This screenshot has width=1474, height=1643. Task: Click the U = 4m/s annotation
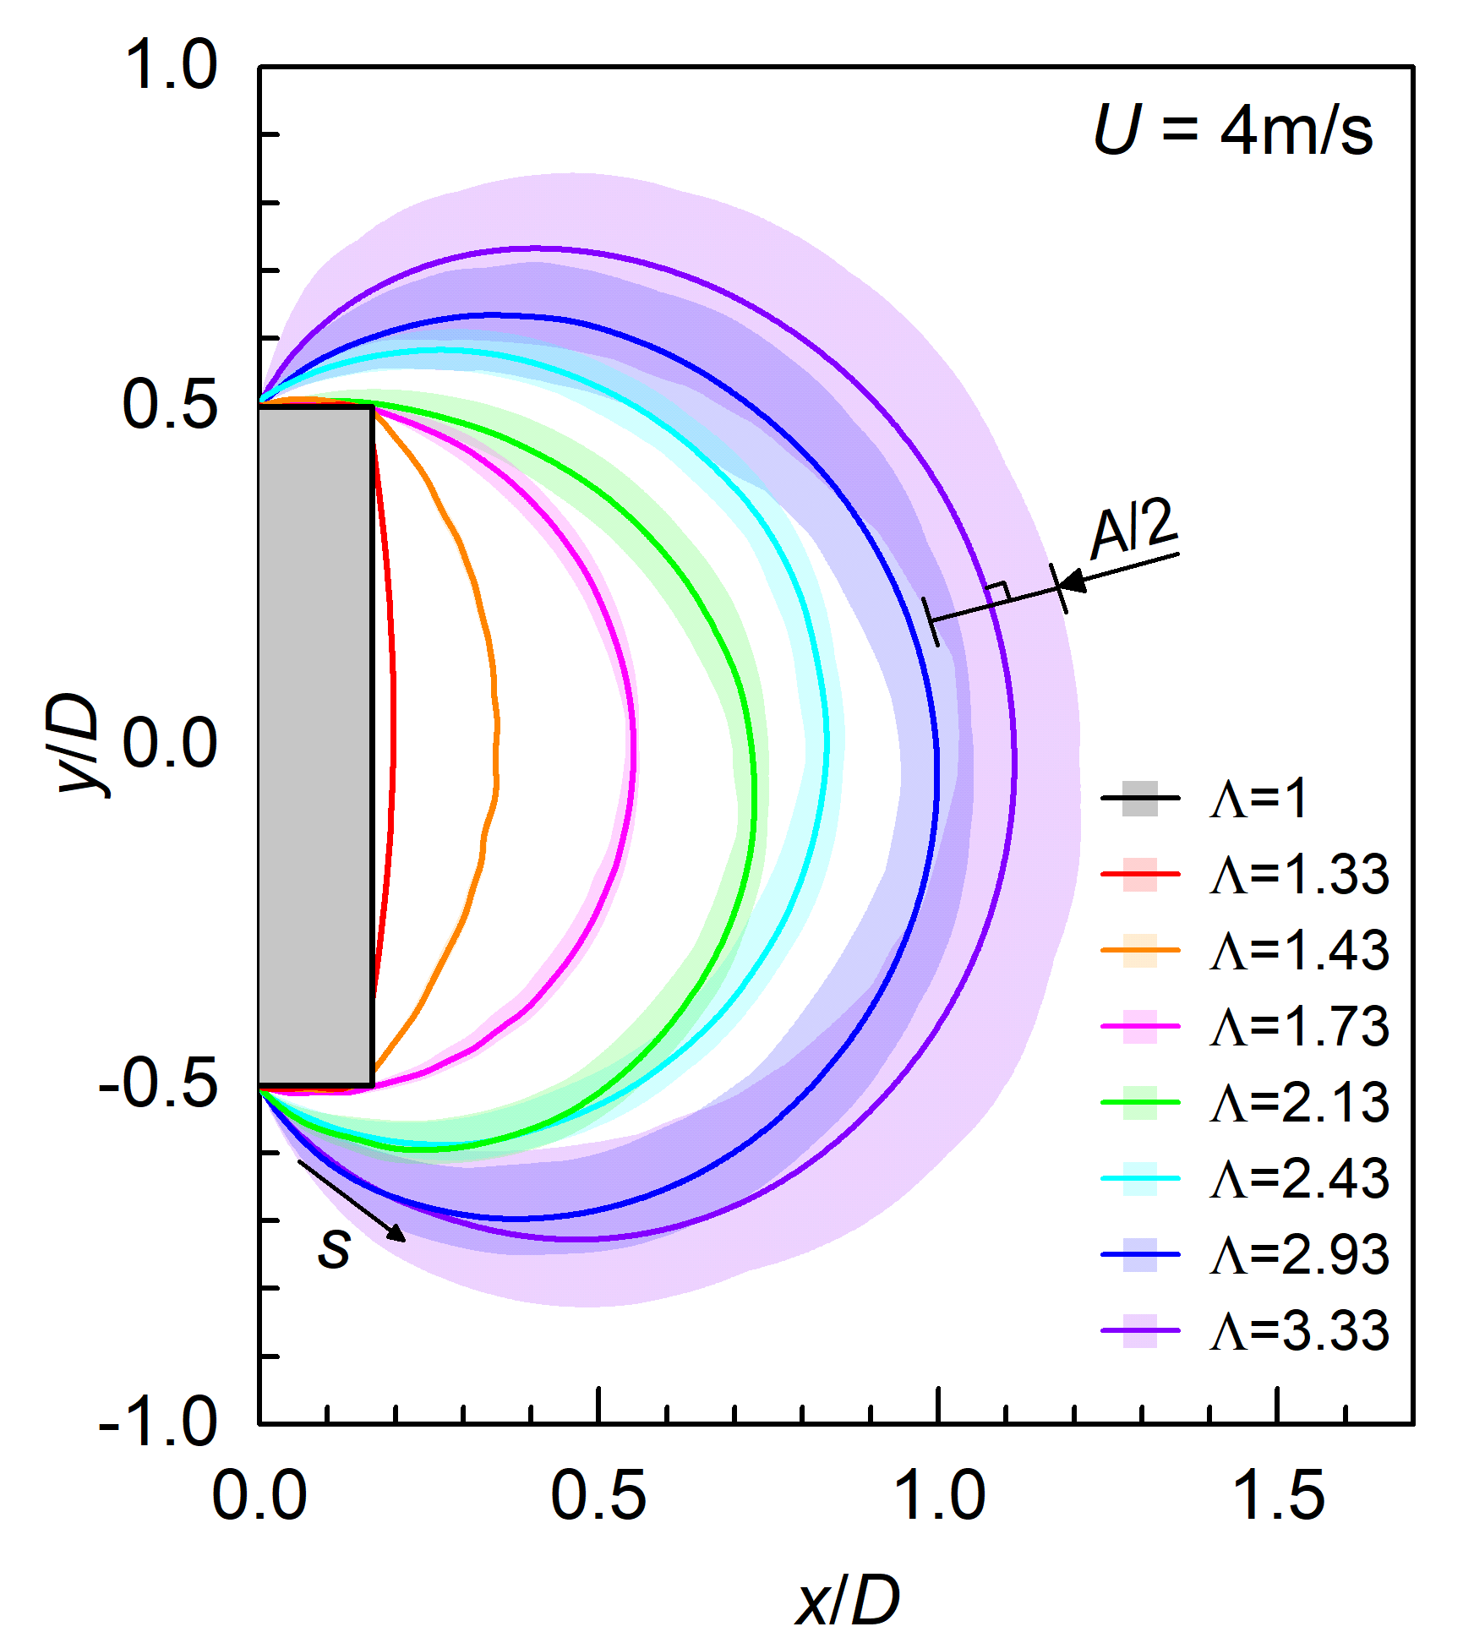coord(1232,131)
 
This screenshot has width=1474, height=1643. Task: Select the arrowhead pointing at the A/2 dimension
coord(1071,581)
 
